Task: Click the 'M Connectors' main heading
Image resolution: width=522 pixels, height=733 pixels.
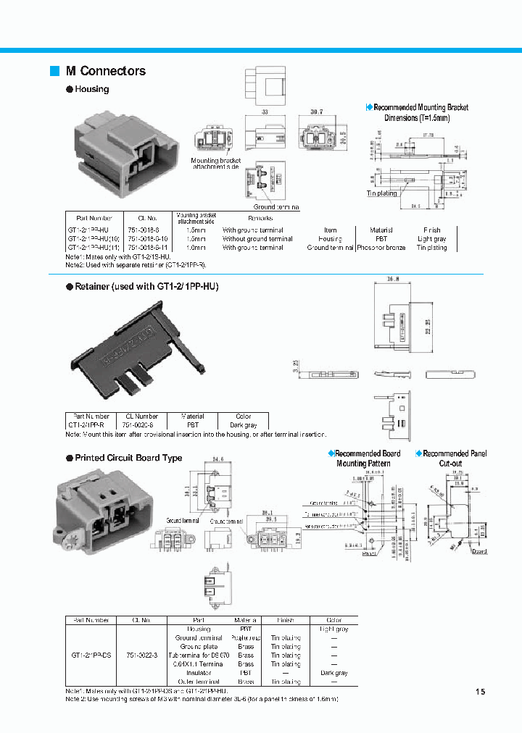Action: (105, 71)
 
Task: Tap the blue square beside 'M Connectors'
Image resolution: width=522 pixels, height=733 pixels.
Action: (54, 71)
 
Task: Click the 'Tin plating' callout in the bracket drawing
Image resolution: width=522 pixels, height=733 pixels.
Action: (381, 193)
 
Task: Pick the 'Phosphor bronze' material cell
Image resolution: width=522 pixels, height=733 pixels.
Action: (381, 248)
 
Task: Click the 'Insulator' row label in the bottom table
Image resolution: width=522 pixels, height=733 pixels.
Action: (199, 673)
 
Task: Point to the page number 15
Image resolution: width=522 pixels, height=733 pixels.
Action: (480, 692)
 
